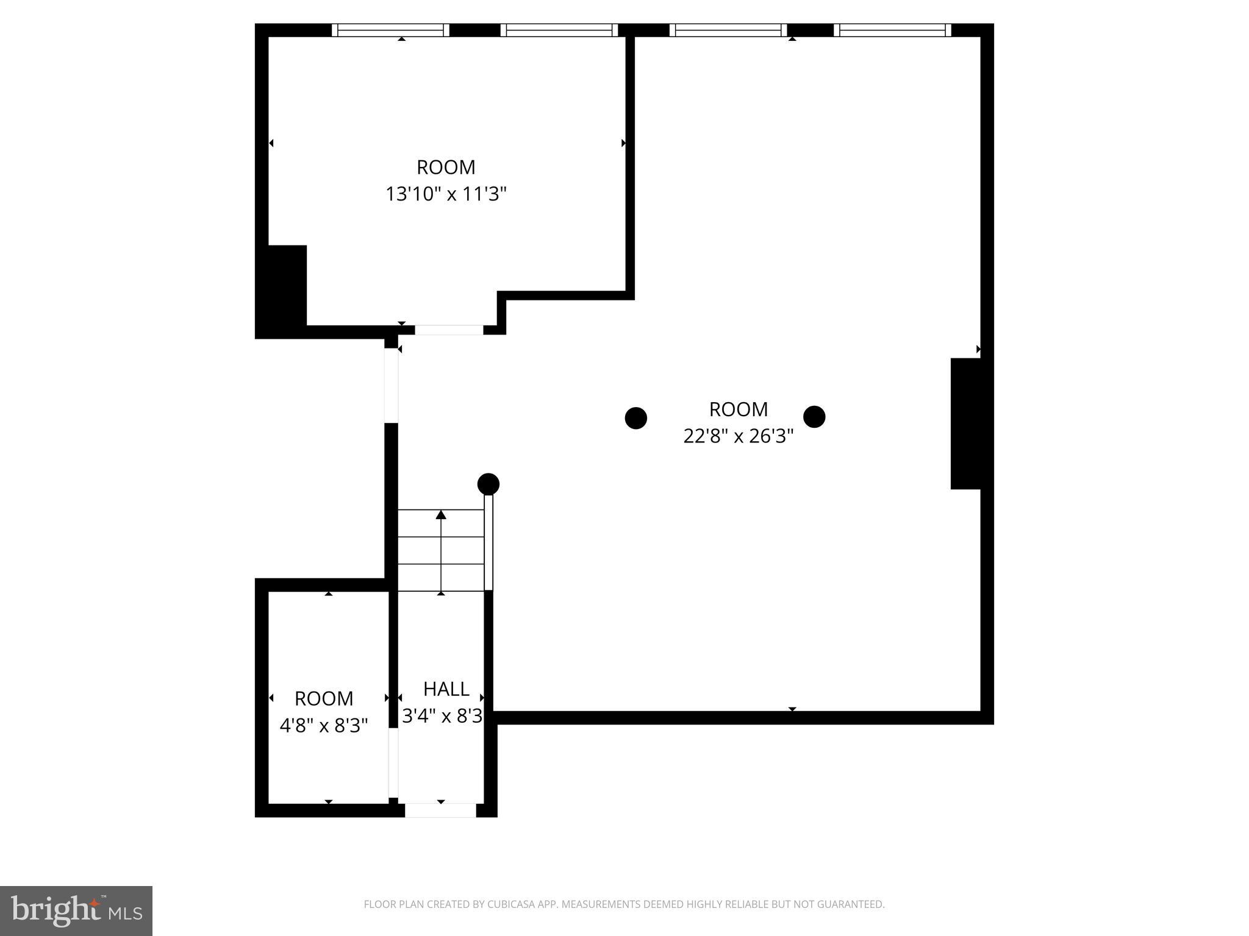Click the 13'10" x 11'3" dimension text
click(x=446, y=194)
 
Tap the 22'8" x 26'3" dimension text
click(x=738, y=436)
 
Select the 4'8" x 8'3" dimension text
click(x=324, y=726)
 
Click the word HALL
click(x=446, y=689)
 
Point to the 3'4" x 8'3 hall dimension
click(x=442, y=716)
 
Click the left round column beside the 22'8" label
click(x=635, y=418)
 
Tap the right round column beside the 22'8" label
click(x=814, y=417)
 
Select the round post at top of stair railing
click(x=488, y=484)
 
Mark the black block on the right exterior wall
click(x=966, y=424)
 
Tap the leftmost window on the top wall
click(x=390, y=30)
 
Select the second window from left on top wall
click(x=559, y=30)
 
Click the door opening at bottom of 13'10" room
click(x=449, y=330)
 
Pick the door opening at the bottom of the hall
click(x=440, y=810)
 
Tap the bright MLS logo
click(x=76, y=910)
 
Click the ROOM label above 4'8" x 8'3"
click(x=324, y=698)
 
